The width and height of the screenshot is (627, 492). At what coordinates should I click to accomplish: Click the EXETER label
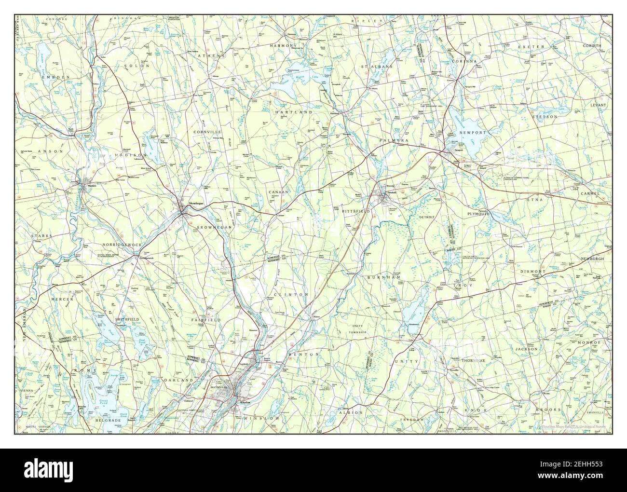(x=531, y=47)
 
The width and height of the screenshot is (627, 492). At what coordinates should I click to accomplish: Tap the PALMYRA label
(x=394, y=140)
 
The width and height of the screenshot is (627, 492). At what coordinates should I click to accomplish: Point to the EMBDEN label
(x=55, y=77)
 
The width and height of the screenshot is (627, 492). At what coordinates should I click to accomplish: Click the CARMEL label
(x=589, y=193)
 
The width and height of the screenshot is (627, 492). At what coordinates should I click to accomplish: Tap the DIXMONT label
(x=532, y=272)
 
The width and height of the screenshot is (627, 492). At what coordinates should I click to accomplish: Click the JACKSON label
(x=526, y=348)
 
